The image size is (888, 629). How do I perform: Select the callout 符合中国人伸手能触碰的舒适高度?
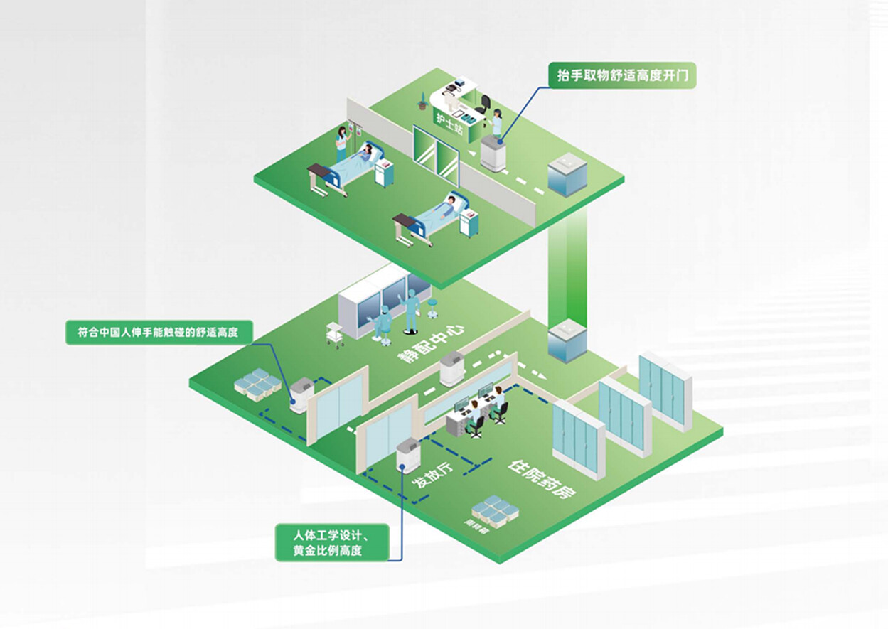click(x=159, y=332)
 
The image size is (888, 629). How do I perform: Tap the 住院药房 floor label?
click(x=542, y=479)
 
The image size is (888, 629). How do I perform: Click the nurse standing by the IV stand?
click(x=342, y=141)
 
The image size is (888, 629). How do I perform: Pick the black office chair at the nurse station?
click(x=485, y=104)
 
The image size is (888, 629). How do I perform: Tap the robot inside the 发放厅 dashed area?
click(x=407, y=456)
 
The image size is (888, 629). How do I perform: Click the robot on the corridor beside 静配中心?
click(x=452, y=368)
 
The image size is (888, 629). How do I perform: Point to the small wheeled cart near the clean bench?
click(x=335, y=333)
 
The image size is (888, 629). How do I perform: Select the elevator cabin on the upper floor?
click(x=567, y=175)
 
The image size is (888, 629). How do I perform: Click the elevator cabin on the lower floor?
click(x=567, y=340)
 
